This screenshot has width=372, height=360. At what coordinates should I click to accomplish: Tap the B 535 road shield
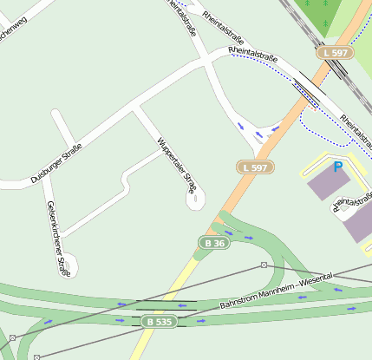[x=159, y=322]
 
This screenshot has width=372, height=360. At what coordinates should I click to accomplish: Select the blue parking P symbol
[x=337, y=167]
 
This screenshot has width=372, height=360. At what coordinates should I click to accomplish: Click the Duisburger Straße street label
[x=56, y=163]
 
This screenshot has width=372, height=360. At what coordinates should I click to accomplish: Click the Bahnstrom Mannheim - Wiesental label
[x=277, y=292]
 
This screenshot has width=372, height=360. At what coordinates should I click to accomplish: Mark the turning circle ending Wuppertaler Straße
[x=195, y=200]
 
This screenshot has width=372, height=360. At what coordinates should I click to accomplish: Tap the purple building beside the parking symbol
[x=329, y=184]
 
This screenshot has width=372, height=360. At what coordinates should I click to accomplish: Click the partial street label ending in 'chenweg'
[x=19, y=26]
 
